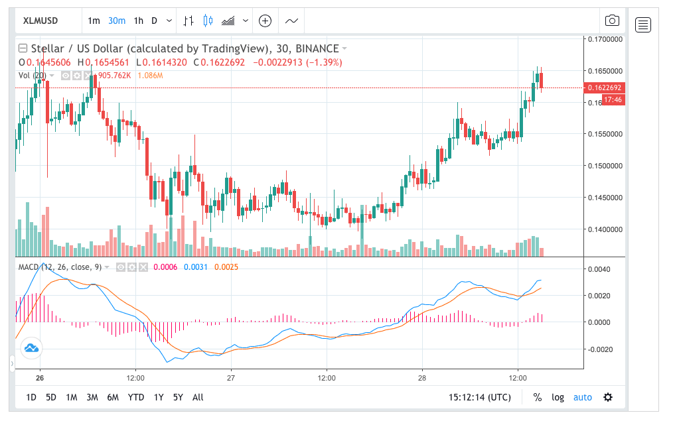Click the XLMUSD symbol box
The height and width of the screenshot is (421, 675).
point(41,21)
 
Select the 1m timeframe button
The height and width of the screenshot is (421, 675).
point(94,21)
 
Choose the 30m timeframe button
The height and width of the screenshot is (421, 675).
point(117,21)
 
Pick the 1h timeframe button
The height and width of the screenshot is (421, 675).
point(138,21)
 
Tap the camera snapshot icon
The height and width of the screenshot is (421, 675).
point(612,21)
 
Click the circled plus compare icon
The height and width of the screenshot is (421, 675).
point(265,21)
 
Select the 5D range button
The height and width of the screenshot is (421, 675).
point(51,397)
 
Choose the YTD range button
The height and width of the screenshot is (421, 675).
point(136,397)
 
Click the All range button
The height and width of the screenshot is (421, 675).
point(198,397)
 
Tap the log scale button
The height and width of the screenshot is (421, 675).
point(558,397)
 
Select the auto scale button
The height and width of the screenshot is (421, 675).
point(582,397)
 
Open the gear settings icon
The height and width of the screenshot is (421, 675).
point(607,397)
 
